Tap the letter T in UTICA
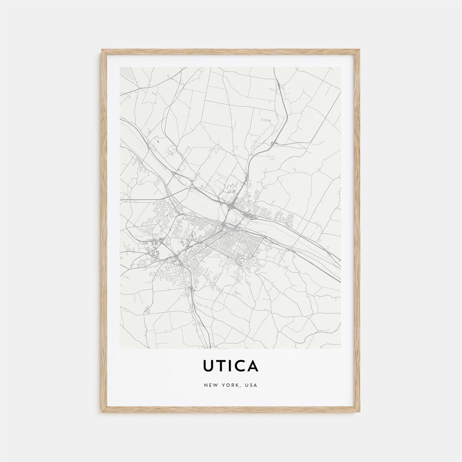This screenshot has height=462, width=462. pos(222,366)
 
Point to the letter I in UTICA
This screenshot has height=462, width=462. pos(231,366)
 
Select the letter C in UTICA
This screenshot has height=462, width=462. pos(240,366)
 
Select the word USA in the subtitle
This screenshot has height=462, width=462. pos(252,385)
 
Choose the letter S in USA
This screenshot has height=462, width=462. pos(252,385)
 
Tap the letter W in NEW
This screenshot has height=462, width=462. pos(215,385)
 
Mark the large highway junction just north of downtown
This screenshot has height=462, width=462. pos(231,207)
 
